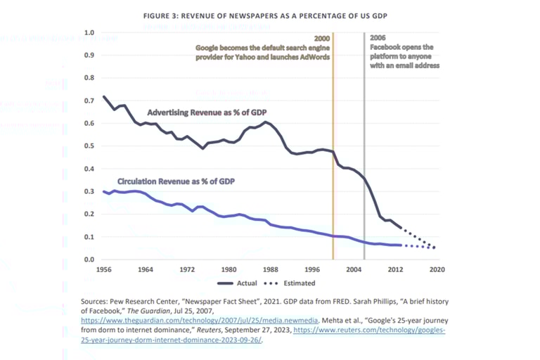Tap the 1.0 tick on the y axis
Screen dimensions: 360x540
[x=89, y=32]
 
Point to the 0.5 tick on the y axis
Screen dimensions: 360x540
[x=89, y=146]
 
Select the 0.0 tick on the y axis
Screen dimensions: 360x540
[x=89, y=259]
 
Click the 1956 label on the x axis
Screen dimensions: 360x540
[x=104, y=269]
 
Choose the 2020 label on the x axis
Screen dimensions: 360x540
[x=436, y=269]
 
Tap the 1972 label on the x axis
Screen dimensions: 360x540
[x=187, y=269]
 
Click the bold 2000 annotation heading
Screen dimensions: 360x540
[x=321, y=39]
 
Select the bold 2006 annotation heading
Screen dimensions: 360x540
[x=377, y=39]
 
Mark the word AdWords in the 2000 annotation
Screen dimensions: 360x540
[x=314, y=56]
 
